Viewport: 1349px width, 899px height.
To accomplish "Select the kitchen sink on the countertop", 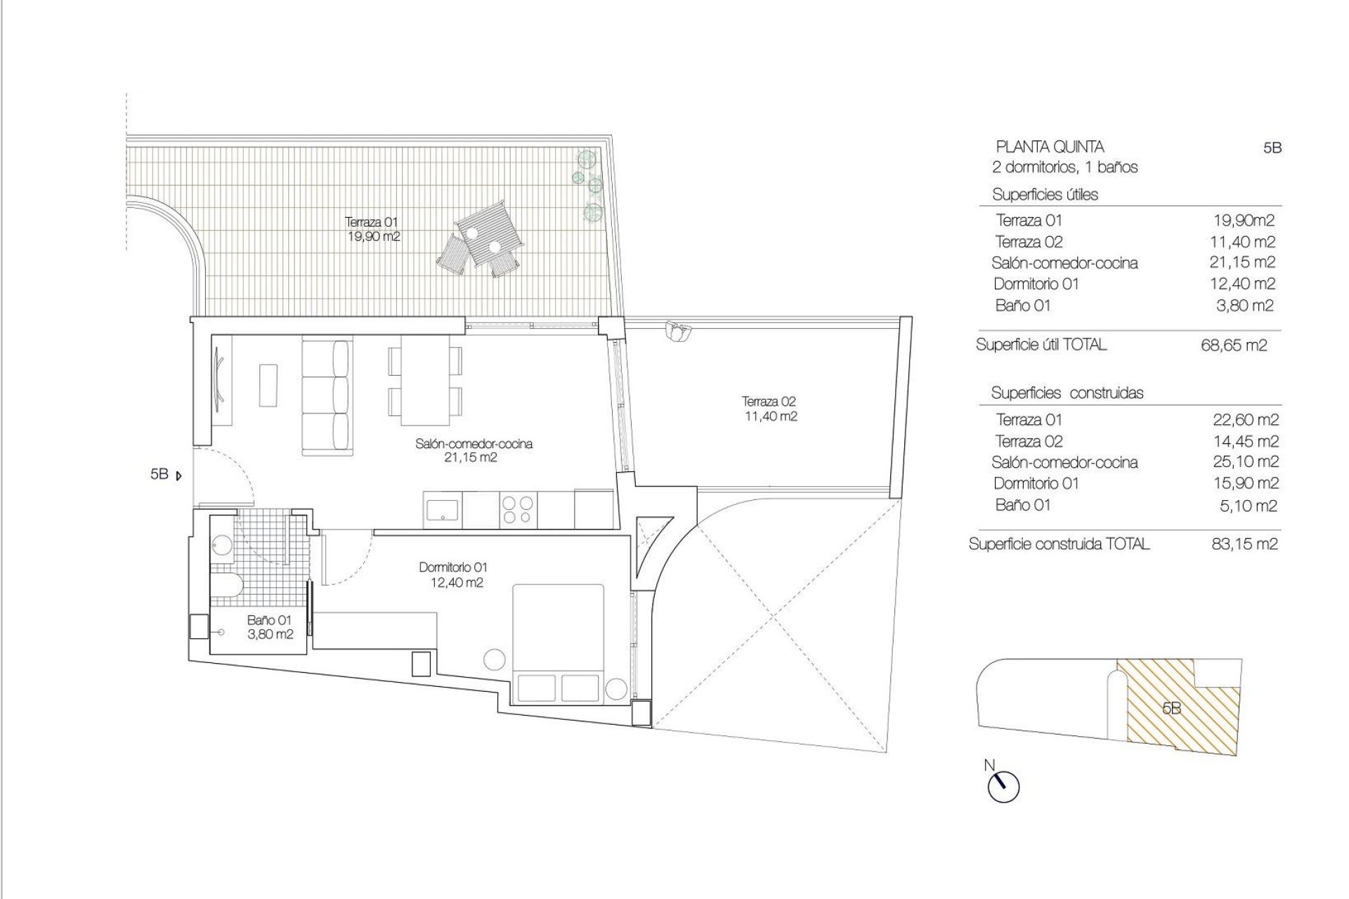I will (x=443, y=509).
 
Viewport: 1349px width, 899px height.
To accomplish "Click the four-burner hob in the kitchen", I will (x=518, y=510).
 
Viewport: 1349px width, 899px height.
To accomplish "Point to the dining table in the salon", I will (x=425, y=381).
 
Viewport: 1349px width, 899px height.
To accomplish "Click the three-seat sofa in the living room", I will (x=327, y=398).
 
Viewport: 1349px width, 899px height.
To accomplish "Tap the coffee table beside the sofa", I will (x=268, y=384).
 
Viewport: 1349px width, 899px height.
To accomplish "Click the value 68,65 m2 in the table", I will (x=1234, y=346).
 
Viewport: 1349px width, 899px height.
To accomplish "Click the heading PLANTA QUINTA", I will (x=1050, y=147).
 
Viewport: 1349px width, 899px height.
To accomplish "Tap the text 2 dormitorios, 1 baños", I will (x=1064, y=167).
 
